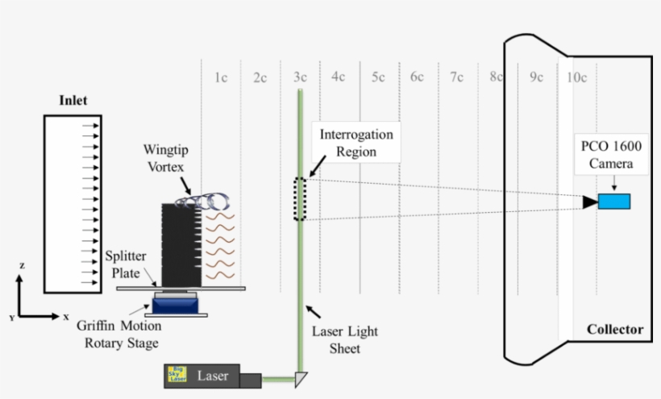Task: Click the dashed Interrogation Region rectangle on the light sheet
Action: click(x=300, y=198)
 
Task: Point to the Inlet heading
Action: click(x=73, y=102)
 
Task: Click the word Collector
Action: click(x=615, y=329)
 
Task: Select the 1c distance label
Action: click(x=220, y=77)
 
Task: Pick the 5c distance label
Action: click(x=378, y=77)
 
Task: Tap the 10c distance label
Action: click(x=576, y=77)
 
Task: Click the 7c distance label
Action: click(x=457, y=77)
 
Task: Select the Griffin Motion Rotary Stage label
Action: click(x=119, y=334)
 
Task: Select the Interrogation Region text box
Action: click(x=357, y=142)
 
